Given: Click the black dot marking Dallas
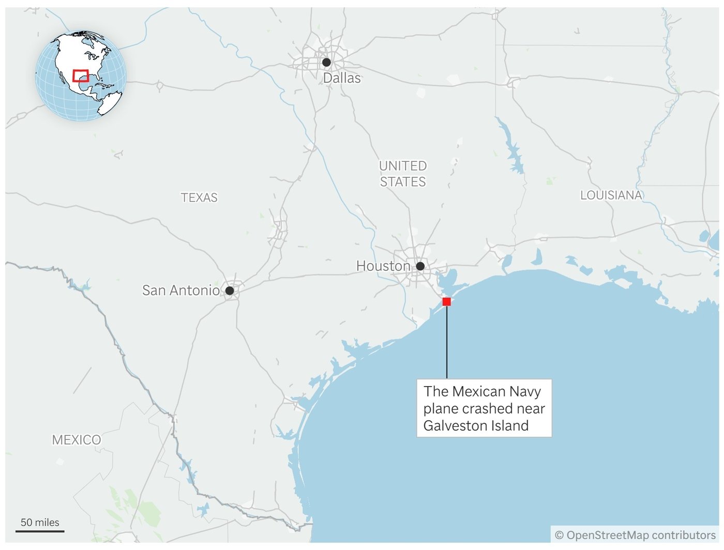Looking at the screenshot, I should point(326,63).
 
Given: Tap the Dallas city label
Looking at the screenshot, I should point(342,78).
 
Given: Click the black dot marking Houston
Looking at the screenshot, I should point(420,266).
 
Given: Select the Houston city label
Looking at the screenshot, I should point(383,266).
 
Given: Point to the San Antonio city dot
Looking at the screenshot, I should point(230,291).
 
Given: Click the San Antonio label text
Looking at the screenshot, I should point(181,291).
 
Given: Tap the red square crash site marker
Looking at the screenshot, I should point(447,301).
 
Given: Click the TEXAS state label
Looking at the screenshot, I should point(199,197).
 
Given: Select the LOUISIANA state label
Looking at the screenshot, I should point(611,195).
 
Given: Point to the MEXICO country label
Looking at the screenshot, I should point(77,440).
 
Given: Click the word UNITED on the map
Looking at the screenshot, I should point(403,166).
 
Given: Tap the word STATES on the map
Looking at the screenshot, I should point(403,182).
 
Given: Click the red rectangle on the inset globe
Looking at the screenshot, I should point(81,75).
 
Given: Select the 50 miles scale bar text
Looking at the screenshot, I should point(40,522).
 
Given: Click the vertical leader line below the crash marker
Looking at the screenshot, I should point(447,341).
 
